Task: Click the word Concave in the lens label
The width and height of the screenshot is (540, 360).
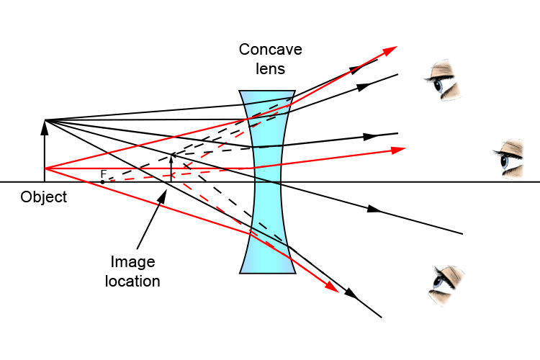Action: click(271, 50)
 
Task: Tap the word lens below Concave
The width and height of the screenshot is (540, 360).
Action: click(271, 69)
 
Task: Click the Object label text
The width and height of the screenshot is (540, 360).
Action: click(43, 197)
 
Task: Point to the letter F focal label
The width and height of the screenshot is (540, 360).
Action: click(103, 174)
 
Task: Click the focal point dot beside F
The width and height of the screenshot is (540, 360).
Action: click(102, 181)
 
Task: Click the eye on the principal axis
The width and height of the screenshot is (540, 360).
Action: click(512, 159)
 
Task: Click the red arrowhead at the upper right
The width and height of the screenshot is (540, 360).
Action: click(390, 50)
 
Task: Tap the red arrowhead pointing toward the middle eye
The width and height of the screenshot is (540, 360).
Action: click(397, 150)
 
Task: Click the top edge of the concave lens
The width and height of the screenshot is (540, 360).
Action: click(267, 91)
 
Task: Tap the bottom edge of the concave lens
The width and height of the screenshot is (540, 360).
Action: click(267, 273)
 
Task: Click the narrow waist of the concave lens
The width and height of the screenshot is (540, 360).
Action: click(267, 181)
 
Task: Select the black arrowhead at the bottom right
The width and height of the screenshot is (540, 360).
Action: click(351, 294)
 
